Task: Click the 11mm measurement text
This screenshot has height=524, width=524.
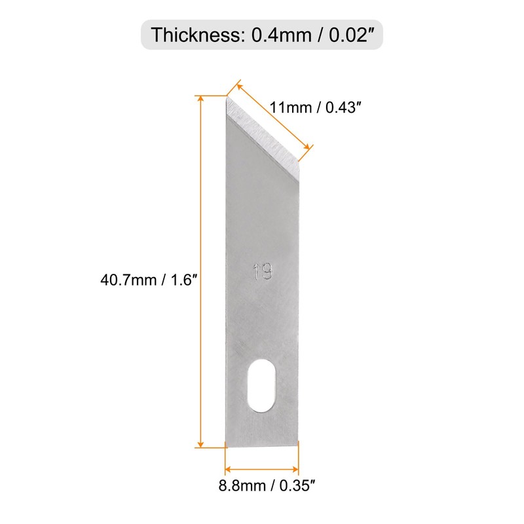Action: [290, 107]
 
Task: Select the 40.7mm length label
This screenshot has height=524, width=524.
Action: [128, 280]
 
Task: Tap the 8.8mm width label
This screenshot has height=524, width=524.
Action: [242, 485]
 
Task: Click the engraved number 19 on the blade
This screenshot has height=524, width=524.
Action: [263, 271]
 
